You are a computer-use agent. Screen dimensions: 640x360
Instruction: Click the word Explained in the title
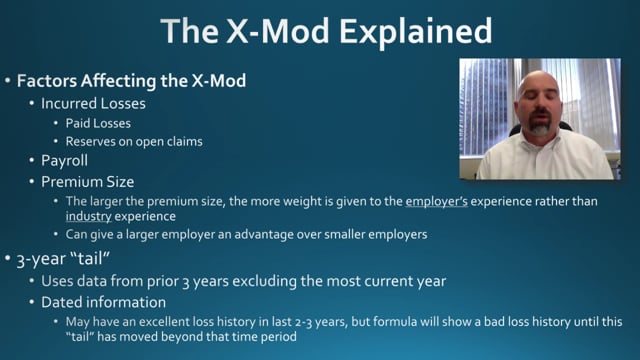pos(416,32)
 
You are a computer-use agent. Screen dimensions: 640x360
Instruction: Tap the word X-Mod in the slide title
pos(278,31)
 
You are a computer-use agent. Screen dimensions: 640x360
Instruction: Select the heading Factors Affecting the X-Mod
pos(131,80)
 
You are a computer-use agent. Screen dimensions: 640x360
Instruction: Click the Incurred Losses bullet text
pos(93,104)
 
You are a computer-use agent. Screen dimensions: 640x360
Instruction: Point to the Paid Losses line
pos(98,123)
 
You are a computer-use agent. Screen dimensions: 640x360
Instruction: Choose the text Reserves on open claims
pos(134,142)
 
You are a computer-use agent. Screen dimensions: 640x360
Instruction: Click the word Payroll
pos(64,161)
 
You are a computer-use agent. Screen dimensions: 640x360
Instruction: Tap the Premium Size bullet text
pos(87,182)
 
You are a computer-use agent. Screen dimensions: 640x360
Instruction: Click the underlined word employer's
pos(436,202)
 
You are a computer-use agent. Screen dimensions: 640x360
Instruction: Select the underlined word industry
pos(89,216)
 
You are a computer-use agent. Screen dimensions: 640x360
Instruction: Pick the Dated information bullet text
pos(103,302)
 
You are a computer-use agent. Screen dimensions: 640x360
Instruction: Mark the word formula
pos(396,322)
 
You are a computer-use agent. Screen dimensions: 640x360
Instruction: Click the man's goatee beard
pos(540,123)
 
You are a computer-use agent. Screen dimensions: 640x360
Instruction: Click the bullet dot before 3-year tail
pos(8,259)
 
